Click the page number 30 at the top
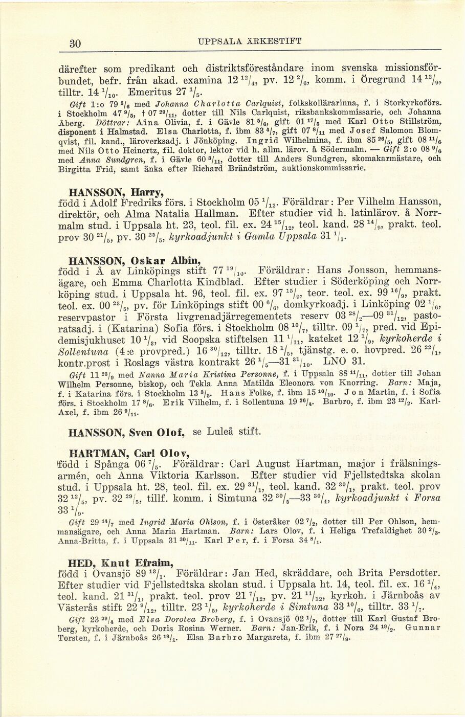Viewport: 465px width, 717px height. click(75, 43)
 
